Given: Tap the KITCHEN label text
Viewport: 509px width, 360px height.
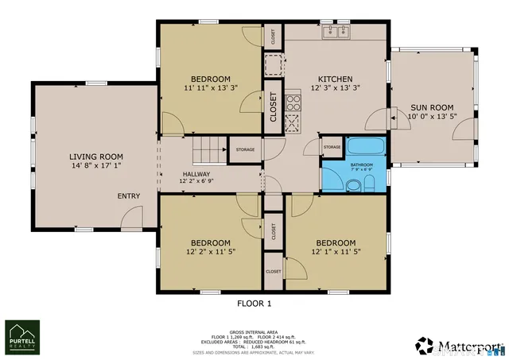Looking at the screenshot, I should [336, 79].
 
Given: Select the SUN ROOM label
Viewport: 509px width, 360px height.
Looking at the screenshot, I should [432, 107].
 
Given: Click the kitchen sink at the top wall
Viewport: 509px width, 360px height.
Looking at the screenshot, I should [337, 32].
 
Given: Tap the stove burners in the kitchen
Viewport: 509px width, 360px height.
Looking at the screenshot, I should [293, 102].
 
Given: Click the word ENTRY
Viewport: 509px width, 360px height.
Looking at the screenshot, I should [129, 196].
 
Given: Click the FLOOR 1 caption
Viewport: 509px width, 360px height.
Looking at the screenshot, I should [254, 304].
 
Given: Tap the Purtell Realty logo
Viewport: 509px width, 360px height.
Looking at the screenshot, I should [22, 337].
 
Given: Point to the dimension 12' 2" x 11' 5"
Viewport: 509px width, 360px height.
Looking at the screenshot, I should [210, 254].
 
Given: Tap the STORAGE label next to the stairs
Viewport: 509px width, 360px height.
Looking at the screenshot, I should [245, 149].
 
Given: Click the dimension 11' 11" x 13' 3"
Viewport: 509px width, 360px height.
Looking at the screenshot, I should [210, 89].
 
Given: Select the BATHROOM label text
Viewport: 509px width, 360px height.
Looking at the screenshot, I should [362, 165].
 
